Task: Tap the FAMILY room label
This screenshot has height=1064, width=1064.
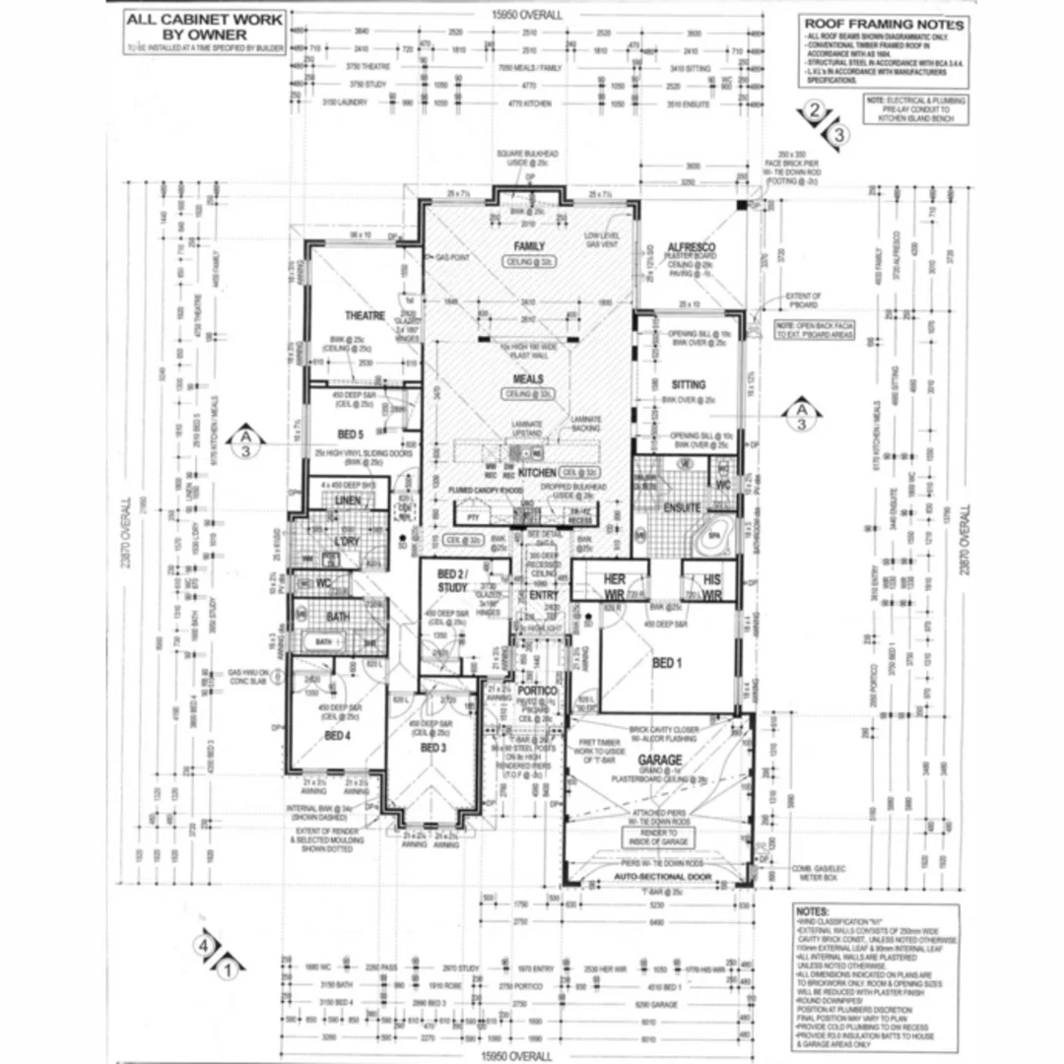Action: pyautogui.click(x=529, y=246)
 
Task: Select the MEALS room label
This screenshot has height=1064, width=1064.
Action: pyautogui.click(x=529, y=378)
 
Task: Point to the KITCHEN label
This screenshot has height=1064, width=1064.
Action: pyautogui.click(x=537, y=474)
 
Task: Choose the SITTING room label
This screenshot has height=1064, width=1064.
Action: pyautogui.click(x=689, y=385)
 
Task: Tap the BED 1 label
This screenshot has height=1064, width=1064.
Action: pyautogui.click(x=667, y=663)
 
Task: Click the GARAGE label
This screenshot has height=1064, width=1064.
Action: pyautogui.click(x=660, y=761)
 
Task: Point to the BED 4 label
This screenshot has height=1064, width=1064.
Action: pyautogui.click(x=337, y=735)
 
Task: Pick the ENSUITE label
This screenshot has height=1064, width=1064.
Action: pyautogui.click(x=682, y=508)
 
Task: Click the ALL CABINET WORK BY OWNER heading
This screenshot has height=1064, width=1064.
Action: pyautogui.click(x=204, y=26)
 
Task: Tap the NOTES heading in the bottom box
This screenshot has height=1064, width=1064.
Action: pyautogui.click(x=814, y=913)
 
